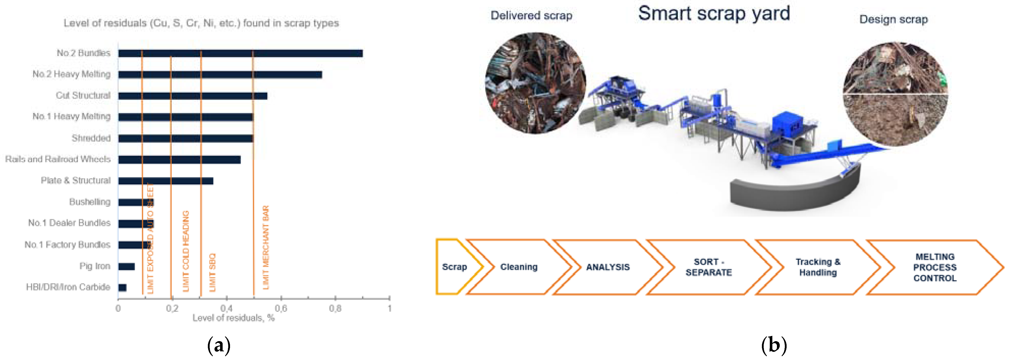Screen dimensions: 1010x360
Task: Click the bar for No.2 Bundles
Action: pyautogui.click(x=240, y=53)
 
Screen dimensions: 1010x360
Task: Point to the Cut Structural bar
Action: pyautogui.click(x=193, y=96)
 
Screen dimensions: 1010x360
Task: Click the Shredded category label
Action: pyautogui.click(x=91, y=138)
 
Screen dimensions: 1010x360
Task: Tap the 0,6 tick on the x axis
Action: pyautogui.click(x=281, y=309)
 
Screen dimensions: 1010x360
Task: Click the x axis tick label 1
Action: pyautogui.click(x=389, y=309)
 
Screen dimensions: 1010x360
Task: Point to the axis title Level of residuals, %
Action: pyautogui.click(x=233, y=318)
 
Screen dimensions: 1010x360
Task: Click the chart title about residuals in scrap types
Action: pyautogui.click(x=201, y=23)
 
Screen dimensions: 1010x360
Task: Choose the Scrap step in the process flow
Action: pyautogui.click(x=455, y=267)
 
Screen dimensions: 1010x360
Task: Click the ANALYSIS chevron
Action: pyautogui.click(x=608, y=267)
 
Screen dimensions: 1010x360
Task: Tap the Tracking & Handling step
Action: pyautogui.click(x=818, y=267)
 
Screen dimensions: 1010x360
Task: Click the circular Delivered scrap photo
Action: pyautogui.click(x=536, y=83)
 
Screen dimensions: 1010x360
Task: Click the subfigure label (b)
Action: pyautogui.click(x=774, y=345)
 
